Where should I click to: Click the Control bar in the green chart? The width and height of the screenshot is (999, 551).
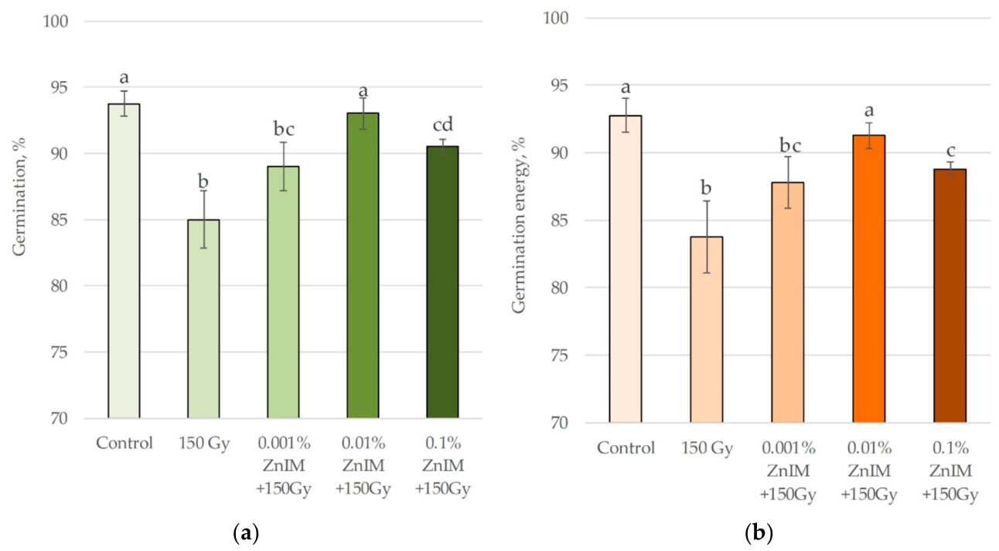124,260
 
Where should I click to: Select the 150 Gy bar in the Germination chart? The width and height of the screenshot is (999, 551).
203,318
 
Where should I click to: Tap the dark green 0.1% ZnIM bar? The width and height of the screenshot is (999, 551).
442,282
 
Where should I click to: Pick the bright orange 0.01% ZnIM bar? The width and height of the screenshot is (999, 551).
869,279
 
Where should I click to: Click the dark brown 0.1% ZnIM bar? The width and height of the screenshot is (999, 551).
950,295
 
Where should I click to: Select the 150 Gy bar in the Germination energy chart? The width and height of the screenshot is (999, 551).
707,329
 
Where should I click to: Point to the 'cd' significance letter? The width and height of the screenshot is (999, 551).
443,124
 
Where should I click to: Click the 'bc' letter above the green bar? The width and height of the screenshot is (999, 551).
284,129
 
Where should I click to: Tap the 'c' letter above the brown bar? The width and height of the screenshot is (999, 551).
950,151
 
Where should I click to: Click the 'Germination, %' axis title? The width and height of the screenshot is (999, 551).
19,196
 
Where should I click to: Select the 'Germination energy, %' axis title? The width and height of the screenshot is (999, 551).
518,225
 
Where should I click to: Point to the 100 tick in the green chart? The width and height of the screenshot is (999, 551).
56,21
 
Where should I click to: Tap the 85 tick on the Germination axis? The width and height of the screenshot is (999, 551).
60,220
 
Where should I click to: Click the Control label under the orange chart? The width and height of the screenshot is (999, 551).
626,447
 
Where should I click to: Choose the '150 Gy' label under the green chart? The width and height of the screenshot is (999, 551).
204,444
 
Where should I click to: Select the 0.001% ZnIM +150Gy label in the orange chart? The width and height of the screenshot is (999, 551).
788,471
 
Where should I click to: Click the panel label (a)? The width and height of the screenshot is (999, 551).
246,532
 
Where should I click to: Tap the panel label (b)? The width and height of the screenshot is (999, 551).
759,532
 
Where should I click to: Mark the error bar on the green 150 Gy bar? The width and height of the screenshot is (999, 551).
203,219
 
